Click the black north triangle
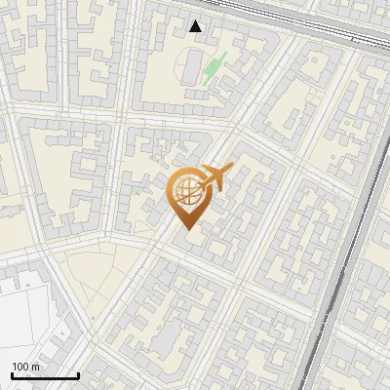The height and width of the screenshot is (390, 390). (196, 26)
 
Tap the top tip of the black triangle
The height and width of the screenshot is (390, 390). (196, 20)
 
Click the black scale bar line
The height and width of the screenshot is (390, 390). (45, 376)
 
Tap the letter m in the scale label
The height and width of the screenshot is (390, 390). (35, 368)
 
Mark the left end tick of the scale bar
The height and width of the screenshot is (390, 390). (12, 374)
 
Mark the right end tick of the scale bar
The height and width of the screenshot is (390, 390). (78, 374)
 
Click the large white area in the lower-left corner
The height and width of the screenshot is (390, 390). (29, 312)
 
